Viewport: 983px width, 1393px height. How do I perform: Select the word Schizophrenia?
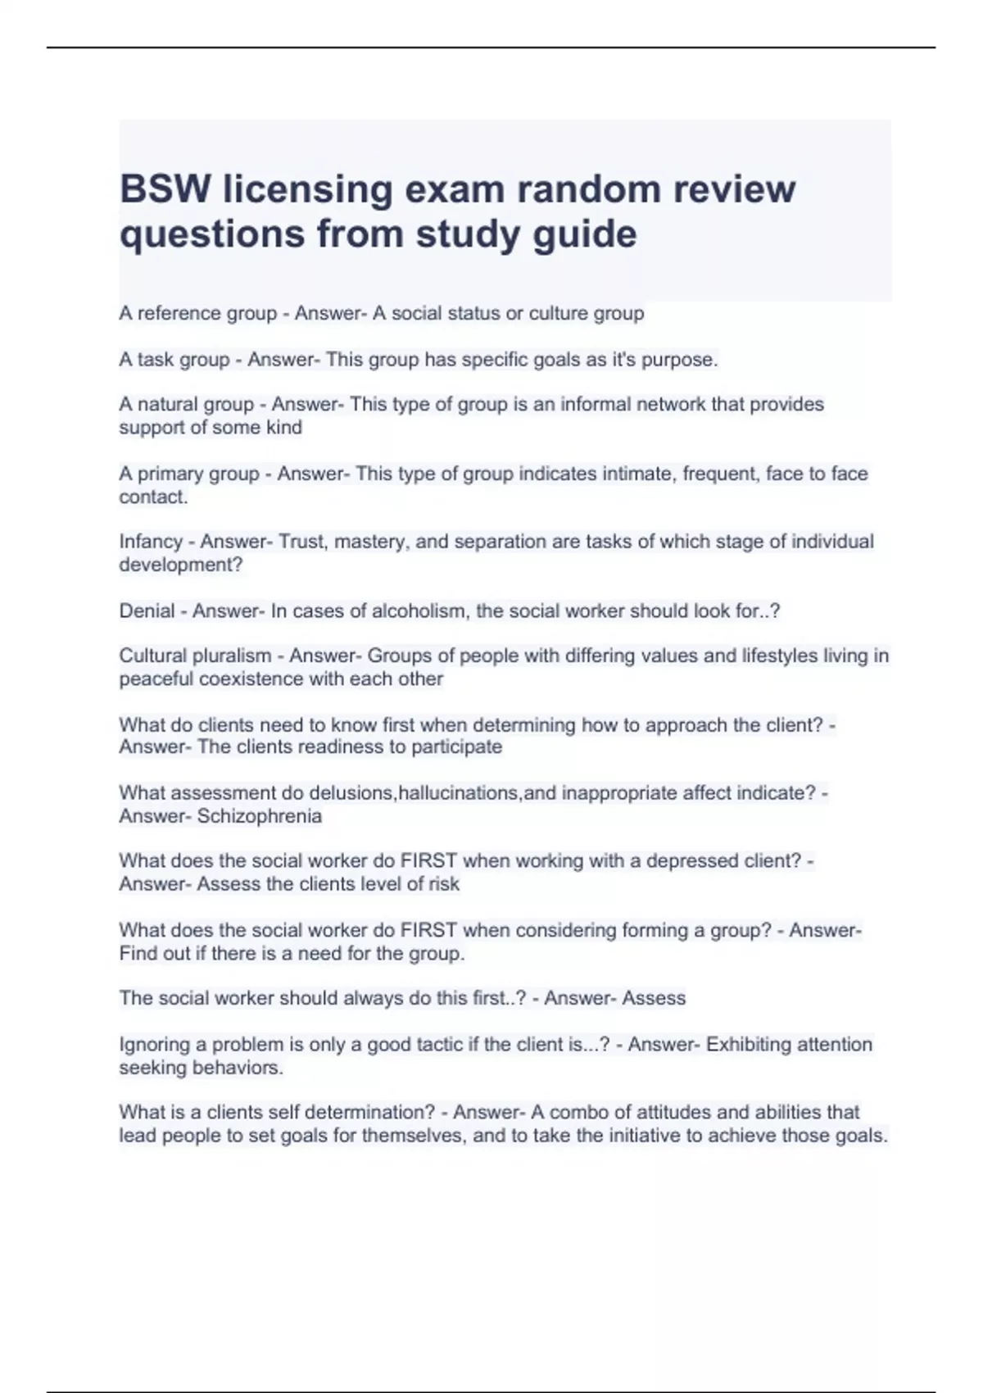tap(260, 816)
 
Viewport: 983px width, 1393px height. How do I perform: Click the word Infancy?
tap(151, 542)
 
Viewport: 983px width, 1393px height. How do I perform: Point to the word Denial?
tap(147, 611)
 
